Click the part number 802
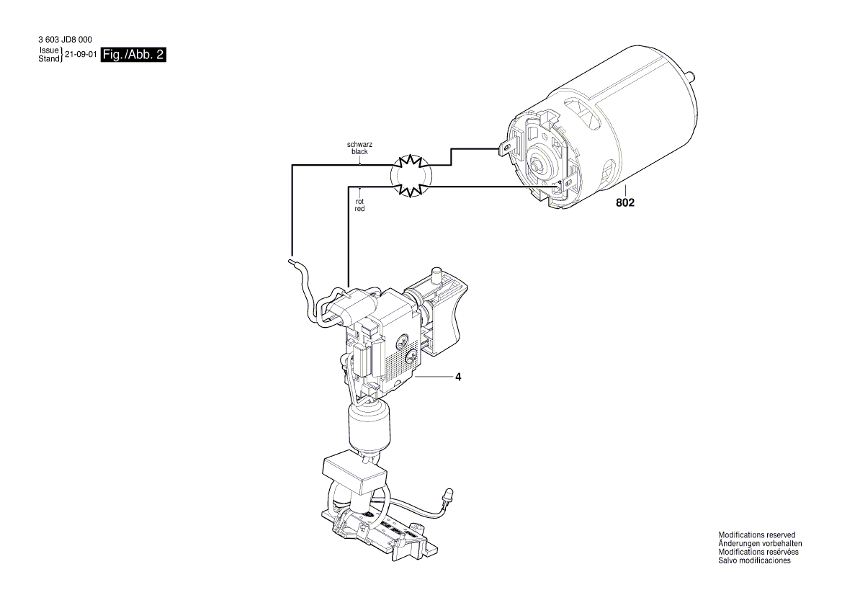[624, 204]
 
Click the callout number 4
[457, 376]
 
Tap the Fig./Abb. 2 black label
[134, 55]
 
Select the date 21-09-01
[80, 55]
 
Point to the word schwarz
[359, 145]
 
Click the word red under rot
[359, 208]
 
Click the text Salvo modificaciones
[754, 560]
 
